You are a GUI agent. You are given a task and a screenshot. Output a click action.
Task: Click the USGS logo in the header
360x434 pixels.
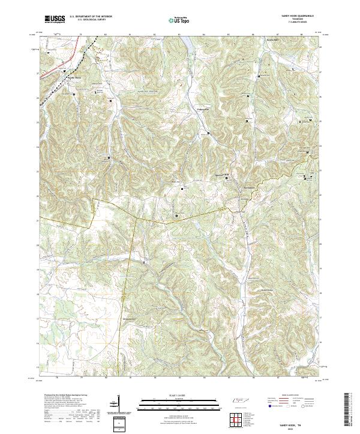(55, 19)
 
